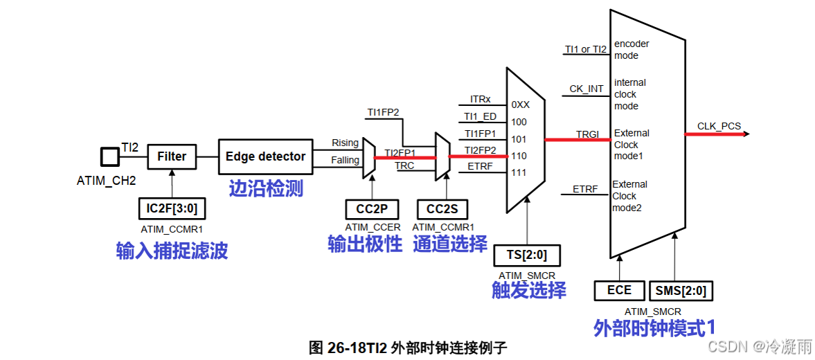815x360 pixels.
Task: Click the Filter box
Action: pos(172,156)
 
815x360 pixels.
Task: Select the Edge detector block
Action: pos(265,156)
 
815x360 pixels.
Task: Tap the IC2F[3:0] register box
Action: pos(172,208)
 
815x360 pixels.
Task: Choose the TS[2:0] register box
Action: pos(526,255)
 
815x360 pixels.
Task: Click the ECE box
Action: pos(619,290)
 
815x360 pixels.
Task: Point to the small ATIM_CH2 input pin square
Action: pos(109,156)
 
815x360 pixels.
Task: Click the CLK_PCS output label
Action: pos(719,126)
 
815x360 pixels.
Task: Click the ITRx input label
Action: pos(480,99)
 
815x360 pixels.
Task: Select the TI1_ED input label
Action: pos(480,116)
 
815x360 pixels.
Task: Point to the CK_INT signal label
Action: pos(586,89)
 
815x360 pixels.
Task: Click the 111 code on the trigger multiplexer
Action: pos(519,172)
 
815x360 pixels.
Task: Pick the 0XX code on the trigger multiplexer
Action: pos(521,105)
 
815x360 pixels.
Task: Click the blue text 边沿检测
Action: pos(266,188)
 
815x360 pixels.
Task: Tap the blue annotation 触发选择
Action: pos(528,289)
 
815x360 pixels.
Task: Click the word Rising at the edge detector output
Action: pos(346,143)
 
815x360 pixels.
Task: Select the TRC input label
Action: pos(404,166)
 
